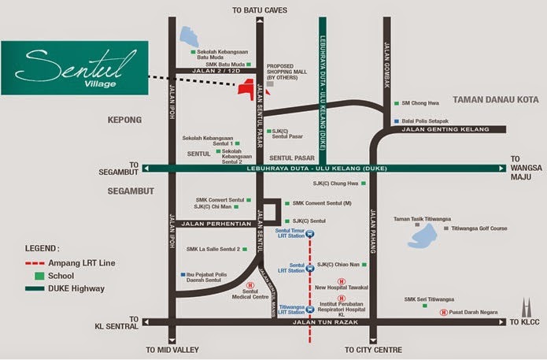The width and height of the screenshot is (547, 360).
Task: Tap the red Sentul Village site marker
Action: (250, 87)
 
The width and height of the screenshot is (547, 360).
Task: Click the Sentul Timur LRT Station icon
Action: (309, 234)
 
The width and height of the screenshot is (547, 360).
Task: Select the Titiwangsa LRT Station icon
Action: (309, 310)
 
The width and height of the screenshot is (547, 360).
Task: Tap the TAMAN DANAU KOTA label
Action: (493, 101)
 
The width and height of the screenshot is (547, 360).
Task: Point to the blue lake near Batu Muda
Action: (190, 36)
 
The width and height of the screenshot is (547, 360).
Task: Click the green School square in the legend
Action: (37, 276)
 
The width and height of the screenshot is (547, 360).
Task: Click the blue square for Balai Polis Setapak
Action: (396, 121)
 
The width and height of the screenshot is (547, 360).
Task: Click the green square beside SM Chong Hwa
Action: (396, 102)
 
